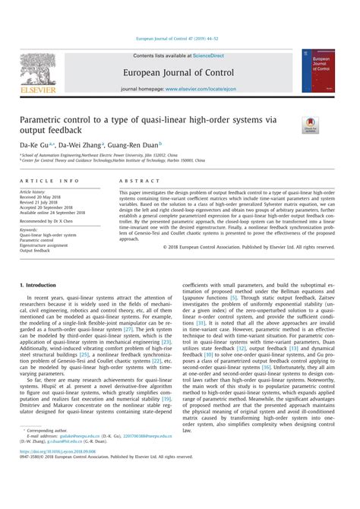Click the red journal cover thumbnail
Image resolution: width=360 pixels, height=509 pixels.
tap(319, 71)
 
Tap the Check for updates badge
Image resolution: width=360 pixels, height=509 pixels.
tap(311, 125)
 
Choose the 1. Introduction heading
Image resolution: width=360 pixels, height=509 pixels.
tap(41, 284)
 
